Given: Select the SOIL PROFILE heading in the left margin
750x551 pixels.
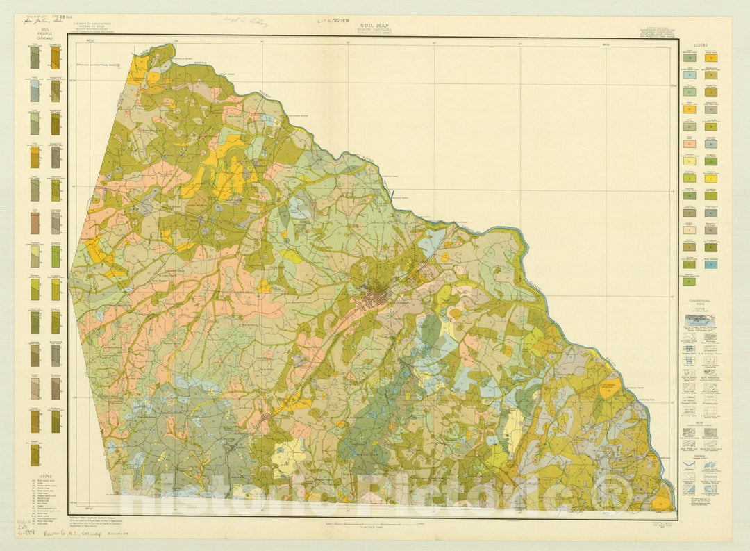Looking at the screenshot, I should (44, 31).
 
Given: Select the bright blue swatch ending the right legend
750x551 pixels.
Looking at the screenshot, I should (711, 264).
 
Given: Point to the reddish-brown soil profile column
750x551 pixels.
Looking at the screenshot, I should (35, 223).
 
